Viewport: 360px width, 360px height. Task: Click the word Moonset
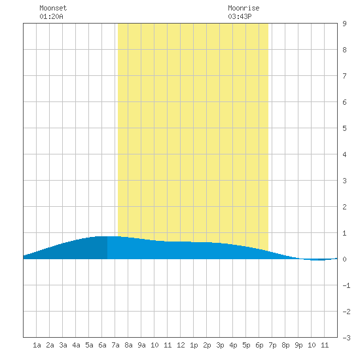pyautogui.click(x=53, y=8)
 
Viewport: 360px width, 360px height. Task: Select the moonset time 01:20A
pyautogui.click(x=51, y=16)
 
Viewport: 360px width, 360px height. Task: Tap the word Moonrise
pyautogui.click(x=243, y=8)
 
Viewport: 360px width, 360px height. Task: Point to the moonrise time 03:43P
pyautogui.click(x=240, y=16)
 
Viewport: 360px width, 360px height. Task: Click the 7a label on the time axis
pyautogui.click(x=115, y=345)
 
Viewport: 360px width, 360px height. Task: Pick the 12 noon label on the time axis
pyautogui.click(x=181, y=345)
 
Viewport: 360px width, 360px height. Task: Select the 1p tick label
pyautogui.click(x=194, y=345)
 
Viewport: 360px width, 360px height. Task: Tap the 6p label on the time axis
pyautogui.click(x=259, y=345)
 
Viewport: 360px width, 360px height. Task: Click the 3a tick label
pyautogui.click(x=63, y=345)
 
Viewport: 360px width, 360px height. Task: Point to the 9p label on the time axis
pyautogui.click(x=298, y=345)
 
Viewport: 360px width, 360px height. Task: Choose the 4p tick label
pyautogui.click(x=233, y=345)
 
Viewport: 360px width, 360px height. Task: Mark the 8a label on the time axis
pyautogui.click(x=128, y=345)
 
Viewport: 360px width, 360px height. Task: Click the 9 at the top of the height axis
pyautogui.click(x=344, y=24)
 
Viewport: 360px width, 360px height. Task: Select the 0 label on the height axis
pyautogui.click(x=344, y=259)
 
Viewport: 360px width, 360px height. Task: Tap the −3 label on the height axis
pyautogui.click(x=346, y=338)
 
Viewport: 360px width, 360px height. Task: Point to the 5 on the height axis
pyautogui.click(x=344, y=128)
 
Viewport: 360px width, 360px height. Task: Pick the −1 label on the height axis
pyautogui.click(x=346, y=285)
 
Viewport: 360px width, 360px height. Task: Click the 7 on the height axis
pyautogui.click(x=344, y=76)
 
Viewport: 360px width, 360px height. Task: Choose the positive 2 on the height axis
pyautogui.click(x=344, y=207)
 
